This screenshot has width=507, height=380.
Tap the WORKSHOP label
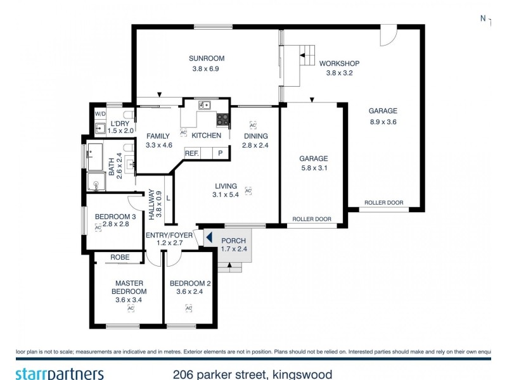pyautogui.click(x=339, y=63)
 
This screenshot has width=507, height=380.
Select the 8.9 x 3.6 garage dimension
pyautogui.click(x=382, y=122)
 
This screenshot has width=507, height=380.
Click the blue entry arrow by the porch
pyautogui.click(x=207, y=238)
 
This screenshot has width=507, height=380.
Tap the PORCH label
pyautogui.click(x=233, y=240)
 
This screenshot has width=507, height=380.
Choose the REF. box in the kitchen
pyautogui.click(x=191, y=153)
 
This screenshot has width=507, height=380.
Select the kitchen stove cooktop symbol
pyautogui.click(x=222, y=118)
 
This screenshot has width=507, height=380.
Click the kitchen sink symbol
pyautogui.click(x=204, y=105)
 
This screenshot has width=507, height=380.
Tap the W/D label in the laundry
pyautogui.click(x=100, y=113)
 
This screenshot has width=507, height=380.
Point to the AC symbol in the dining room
pyautogui.click(x=252, y=125)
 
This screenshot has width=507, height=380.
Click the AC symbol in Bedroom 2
pyautogui.click(x=188, y=308)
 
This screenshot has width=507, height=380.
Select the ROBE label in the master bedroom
pyautogui.click(x=120, y=257)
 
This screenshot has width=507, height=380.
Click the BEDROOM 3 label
pyautogui.click(x=115, y=217)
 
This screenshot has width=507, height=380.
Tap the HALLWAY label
pyautogui.click(x=151, y=204)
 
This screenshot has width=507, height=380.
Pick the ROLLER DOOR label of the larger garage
pyautogui.click(x=383, y=203)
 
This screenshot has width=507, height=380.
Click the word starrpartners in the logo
pyautogui.click(x=60, y=373)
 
